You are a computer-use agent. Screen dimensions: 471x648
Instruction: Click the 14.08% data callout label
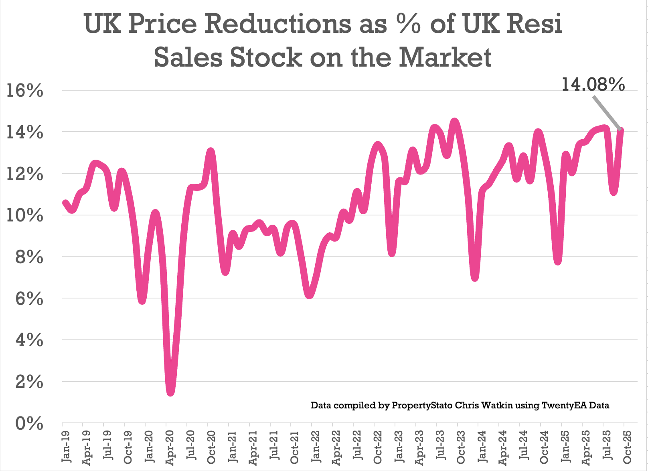coord(593,85)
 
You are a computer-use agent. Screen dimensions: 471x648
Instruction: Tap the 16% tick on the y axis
coord(25,91)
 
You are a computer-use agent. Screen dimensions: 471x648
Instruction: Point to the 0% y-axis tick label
coord(29,423)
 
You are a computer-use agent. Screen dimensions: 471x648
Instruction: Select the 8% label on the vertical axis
coord(29,258)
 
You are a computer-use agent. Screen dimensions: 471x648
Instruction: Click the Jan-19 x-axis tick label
coord(66,446)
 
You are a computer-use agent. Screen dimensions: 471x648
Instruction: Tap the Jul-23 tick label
coord(440,446)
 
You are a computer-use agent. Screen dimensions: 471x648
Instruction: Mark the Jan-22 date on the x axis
coord(316,446)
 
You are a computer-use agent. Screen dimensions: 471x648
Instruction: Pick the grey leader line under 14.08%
coord(606,112)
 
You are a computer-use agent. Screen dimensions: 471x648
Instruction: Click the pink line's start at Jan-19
coord(65,203)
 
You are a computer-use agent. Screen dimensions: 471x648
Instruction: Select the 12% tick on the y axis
coord(25,175)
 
